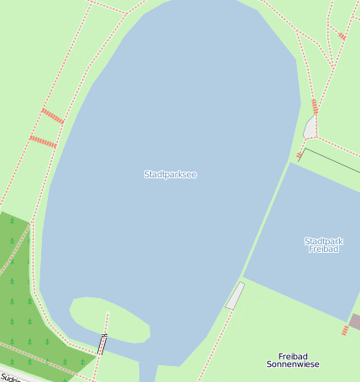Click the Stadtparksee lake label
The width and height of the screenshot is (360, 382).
pyautogui.click(x=170, y=175)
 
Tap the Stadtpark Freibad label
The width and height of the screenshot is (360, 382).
pyautogui.click(x=323, y=245)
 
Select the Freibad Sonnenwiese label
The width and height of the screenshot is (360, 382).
pyautogui.click(x=293, y=360)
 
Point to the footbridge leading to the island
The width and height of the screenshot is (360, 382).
pyautogui.click(x=103, y=343)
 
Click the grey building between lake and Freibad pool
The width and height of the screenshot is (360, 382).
pyautogui.click(x=235, y=296)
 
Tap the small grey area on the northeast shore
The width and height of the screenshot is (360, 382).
pyautogui.click(x=310, y=128)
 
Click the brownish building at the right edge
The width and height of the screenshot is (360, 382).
pyautogui.click(x=355, y=322)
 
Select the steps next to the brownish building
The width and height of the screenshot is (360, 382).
pyautogui.click(x=345, y=331)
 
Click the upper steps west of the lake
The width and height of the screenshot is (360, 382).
pyautogui.click(x=52, y=116)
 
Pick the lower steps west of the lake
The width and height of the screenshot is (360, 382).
pyautogui.click(x=43, y=142)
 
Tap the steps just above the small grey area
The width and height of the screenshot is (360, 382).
pyautogui.click(x=315, y=107)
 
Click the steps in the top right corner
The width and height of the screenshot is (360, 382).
pyautogui.click(x=342, y=36)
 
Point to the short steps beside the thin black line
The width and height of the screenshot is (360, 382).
pyautogui.click(x=300, y=155)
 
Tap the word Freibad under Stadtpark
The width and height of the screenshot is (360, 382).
pyautogui.click(x=323, y=249)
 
